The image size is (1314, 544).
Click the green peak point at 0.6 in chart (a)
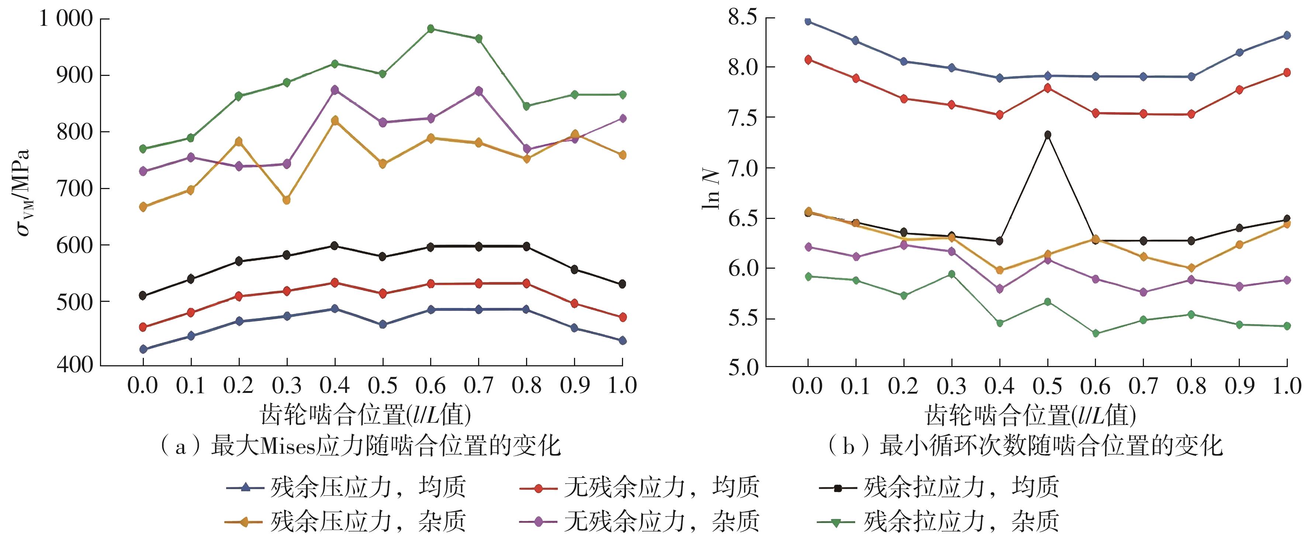point(430,28)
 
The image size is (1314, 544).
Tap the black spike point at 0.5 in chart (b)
point(1048,135)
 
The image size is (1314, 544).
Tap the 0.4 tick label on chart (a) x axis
point(335,386)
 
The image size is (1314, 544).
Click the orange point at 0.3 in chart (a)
point(287,200)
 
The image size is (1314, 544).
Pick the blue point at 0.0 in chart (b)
point(808,21)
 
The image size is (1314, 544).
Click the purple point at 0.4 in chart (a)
point(335,90)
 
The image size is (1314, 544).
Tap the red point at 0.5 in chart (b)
point(1048,88)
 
